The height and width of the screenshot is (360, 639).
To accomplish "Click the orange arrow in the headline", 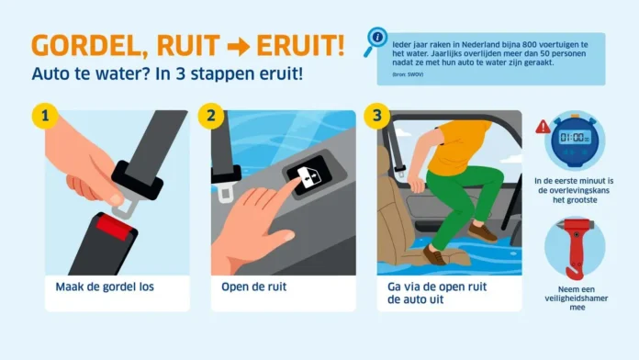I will coord(243,44).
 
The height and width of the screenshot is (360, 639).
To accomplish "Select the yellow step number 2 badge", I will coord(210,117).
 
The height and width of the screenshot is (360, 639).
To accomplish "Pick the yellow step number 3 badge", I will coord(376,117).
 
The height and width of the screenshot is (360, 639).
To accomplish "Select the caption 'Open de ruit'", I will coord(254,287).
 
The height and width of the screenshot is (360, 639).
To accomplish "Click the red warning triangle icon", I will coord(543,126).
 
